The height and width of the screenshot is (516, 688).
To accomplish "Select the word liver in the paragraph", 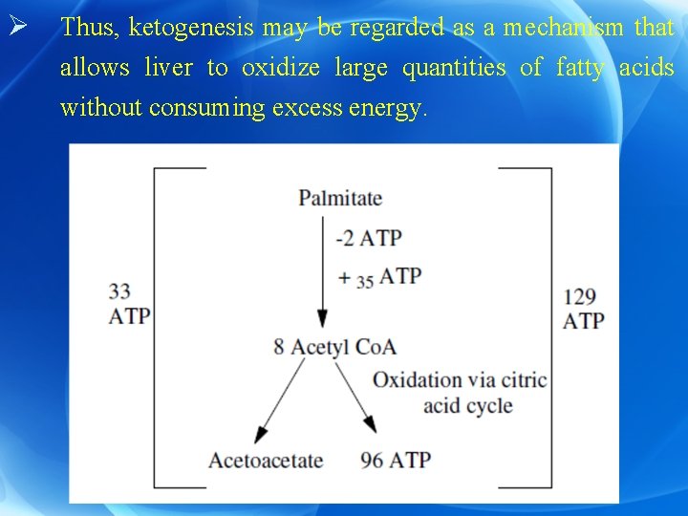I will (168, 68).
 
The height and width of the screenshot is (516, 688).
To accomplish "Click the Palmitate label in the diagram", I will (340, 199).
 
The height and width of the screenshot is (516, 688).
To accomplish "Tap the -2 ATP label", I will (368, 238).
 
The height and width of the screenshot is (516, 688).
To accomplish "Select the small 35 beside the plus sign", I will (364, 282).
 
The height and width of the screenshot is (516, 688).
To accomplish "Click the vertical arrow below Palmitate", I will (323, 273).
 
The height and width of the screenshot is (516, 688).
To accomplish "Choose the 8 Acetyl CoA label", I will (334, 346).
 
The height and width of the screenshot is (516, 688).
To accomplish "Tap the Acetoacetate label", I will (266, 461).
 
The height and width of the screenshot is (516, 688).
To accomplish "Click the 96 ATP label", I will (396, 461).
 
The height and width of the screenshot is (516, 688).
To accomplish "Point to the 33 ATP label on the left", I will (129, 304).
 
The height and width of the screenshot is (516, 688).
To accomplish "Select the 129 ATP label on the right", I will (583, 309).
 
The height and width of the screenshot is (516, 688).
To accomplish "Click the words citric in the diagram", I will (527, 380).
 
